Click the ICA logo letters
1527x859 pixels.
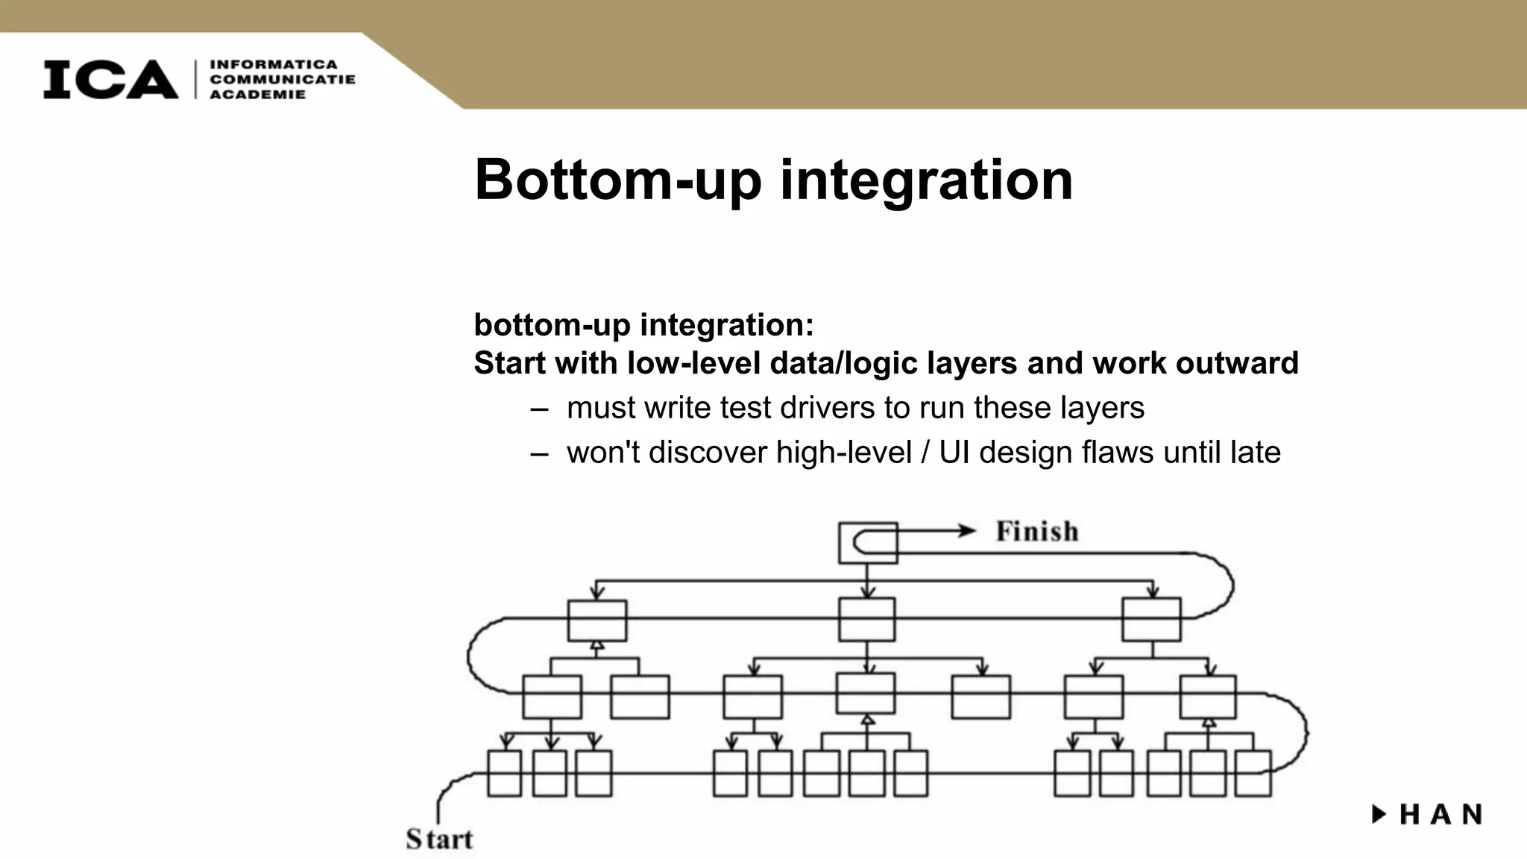pyautogui.click(x=110, y=79)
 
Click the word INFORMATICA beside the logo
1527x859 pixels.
pyautogui.click(x=274, y=65)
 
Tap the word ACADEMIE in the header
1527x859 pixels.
pyautogui.click(x=257, y=95)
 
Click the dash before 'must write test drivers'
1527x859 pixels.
pyautogui.click(x=539, y=409)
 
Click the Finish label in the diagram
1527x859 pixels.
pyautogui.click(x=1037, y=532)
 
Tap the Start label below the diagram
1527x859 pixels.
pyautogui.click(x=439, y=840)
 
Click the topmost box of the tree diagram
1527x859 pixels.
pyautogui.click(x=868, y=543)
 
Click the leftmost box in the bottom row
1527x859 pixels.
pyautogui.click(x=505, y=773)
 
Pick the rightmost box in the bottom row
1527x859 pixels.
pyautogui.click(x=1253, y=773)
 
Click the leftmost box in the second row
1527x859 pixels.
pyautogui.click(x=597, y=620)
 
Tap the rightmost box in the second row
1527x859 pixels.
pyautogui.click(x=1151, y=620)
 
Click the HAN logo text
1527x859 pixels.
pyautogui.click(x=1441, y=814)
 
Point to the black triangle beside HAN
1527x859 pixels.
pyautogui.click(x=1379, y=814)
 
